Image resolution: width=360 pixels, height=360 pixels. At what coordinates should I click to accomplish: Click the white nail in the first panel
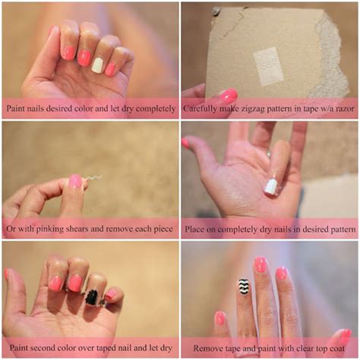click(97, 65)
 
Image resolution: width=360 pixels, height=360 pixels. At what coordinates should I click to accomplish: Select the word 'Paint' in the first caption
click(19, 109)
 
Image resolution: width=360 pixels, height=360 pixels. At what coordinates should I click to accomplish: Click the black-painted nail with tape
click(92, 296)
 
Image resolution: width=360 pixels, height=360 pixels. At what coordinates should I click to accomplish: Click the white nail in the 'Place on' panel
click(271, 186)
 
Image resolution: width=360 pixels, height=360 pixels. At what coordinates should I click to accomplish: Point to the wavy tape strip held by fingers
click(94, 179)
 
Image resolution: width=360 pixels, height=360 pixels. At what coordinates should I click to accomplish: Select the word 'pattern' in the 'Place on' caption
click(332, 229)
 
